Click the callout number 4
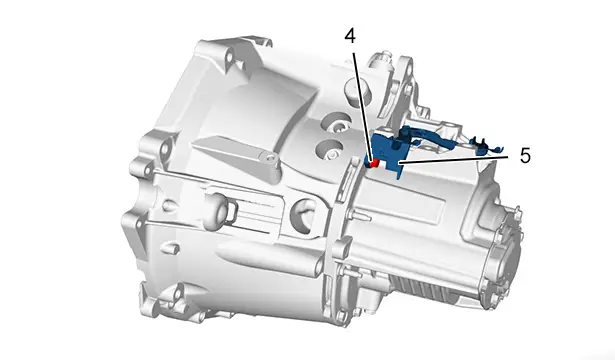click(350, 36)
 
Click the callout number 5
click(525, 156)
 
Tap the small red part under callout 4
click(374, 163)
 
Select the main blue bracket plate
click(387, 153)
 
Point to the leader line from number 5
click(456, 158)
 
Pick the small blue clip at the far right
click(486, 145)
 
